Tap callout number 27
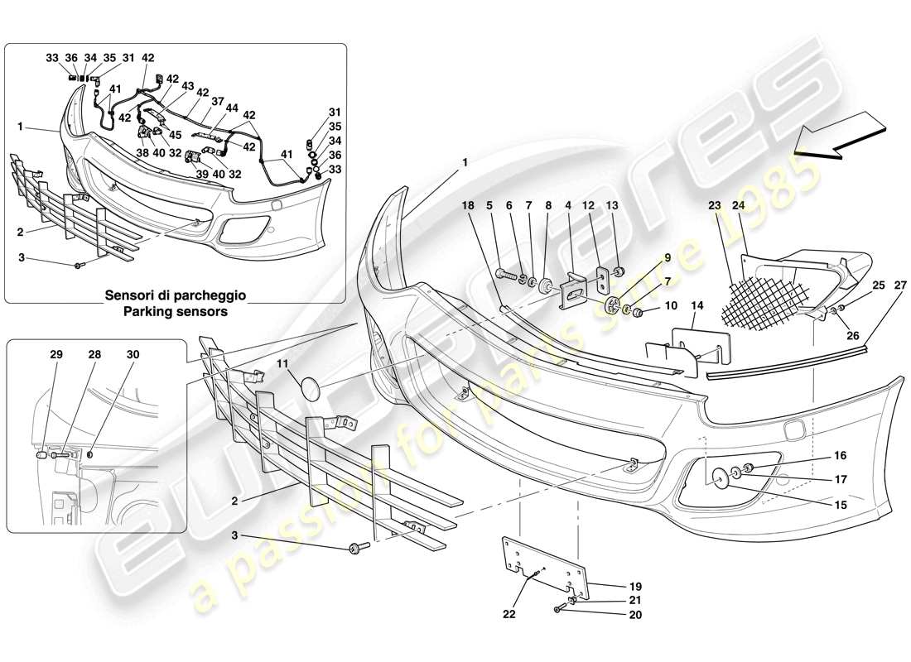[x=899, y=285]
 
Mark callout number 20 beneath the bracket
[x=635, y=615]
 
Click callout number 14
[x=696, y=306]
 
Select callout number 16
[x=841, y=456]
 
